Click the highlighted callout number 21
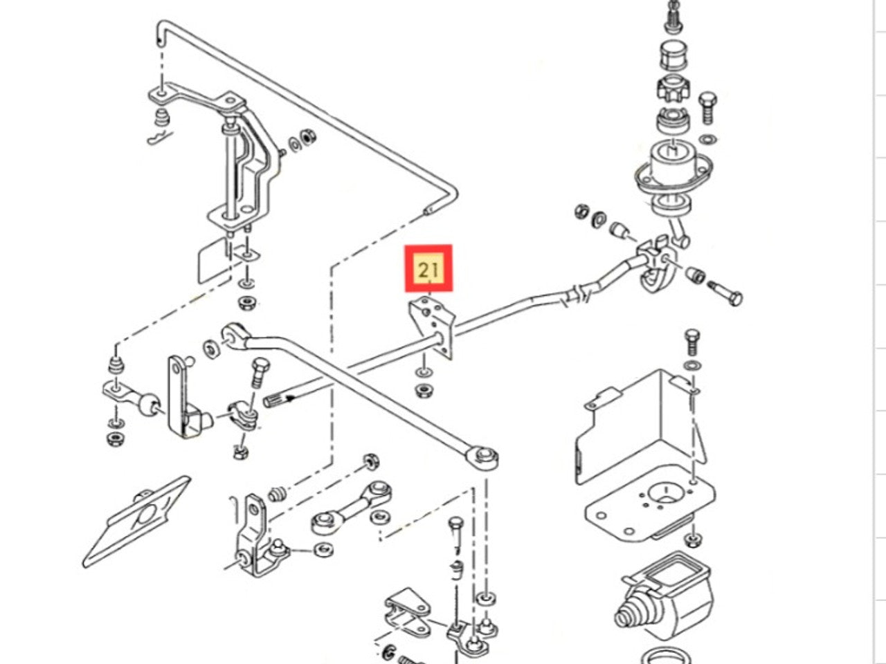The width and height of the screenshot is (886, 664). (x=428, y=268)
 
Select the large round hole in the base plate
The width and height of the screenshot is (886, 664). (x=665, y=492)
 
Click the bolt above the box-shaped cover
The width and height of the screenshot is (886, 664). (x=691, y=342)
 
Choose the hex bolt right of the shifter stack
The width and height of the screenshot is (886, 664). (x=707, y=107)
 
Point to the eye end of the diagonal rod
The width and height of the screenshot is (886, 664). (x=484, y=456)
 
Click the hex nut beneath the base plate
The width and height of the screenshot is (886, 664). (x=693, y=538)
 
